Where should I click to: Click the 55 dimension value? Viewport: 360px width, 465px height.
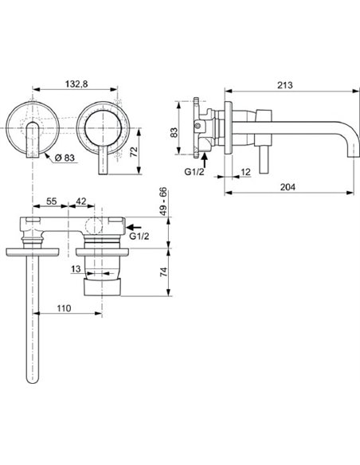tap(49, 204)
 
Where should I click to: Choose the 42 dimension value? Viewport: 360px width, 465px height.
tap(82, 204)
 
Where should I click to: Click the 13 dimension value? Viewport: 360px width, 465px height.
tap(74, 270)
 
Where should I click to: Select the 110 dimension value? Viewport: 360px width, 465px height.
tap(65, 307)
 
